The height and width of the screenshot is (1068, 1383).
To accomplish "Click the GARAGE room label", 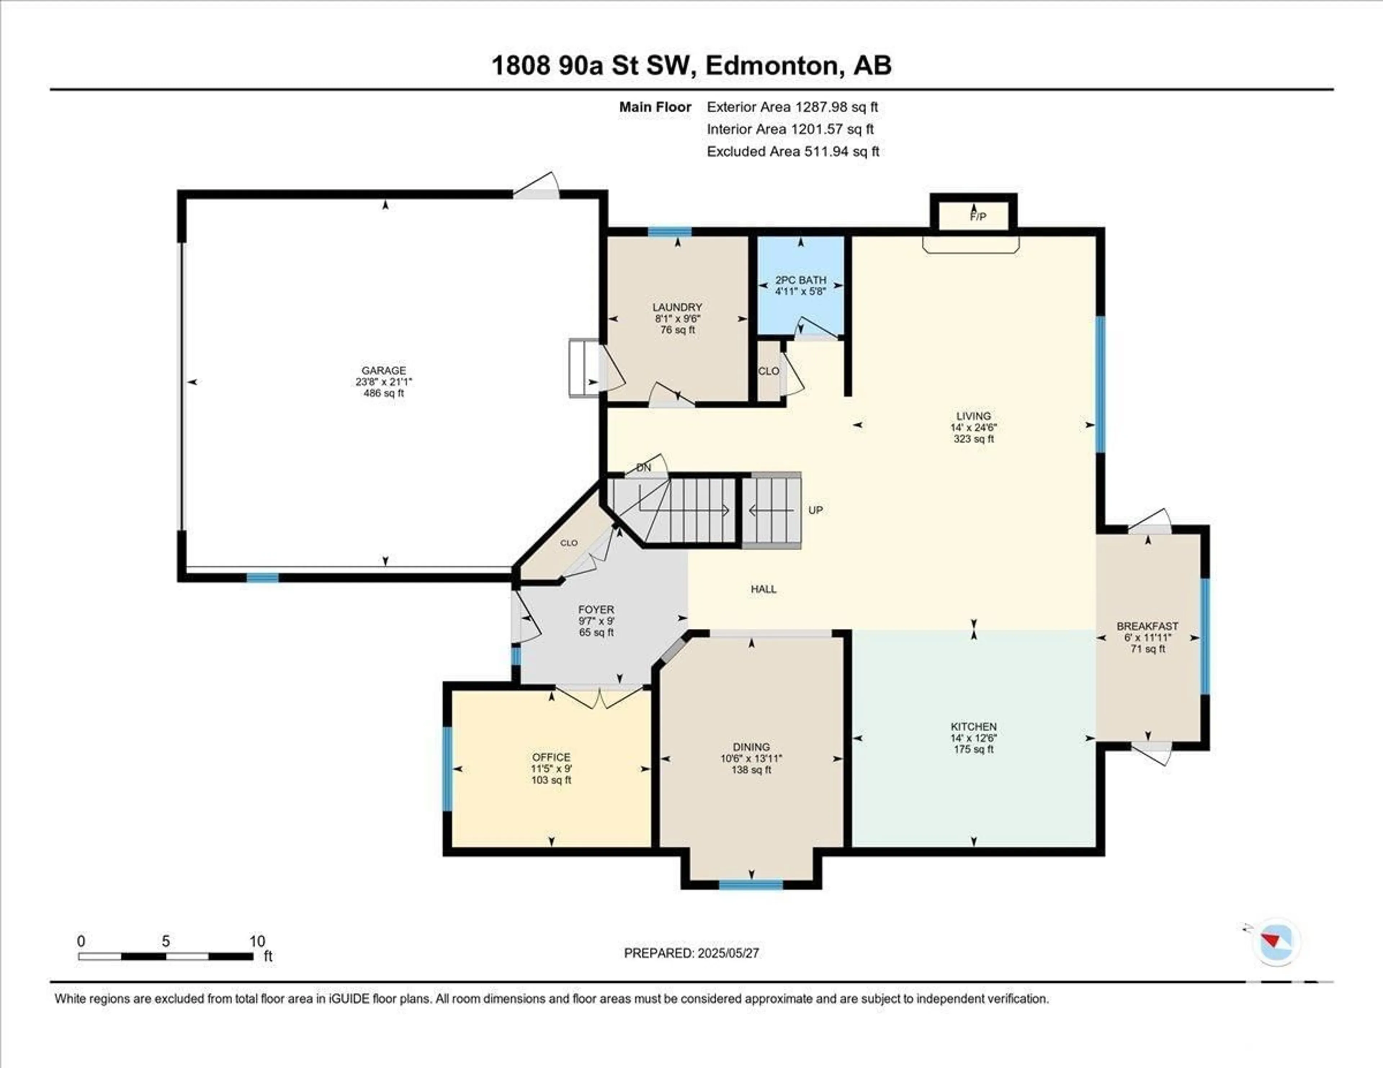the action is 384,371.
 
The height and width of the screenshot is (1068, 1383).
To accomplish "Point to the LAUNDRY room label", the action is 677,307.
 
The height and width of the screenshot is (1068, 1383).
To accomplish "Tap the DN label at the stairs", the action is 643,468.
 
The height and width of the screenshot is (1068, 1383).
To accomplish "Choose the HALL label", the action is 764,589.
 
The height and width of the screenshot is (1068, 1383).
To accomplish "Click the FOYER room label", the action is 596,610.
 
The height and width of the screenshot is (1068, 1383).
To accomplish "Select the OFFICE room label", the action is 551,757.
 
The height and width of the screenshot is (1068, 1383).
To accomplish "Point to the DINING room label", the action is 752,747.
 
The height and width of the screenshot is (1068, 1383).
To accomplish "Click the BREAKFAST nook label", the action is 1147,626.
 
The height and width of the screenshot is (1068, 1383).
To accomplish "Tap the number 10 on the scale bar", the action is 257,941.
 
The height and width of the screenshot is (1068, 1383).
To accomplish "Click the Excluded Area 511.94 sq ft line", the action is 793,151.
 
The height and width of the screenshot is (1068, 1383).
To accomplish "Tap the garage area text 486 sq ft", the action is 384,393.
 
